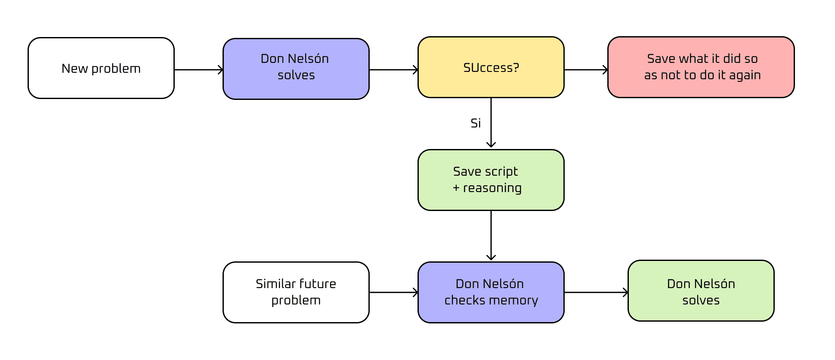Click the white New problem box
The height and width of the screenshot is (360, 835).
pos(101,68)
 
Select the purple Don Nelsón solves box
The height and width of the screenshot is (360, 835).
pos(296,69)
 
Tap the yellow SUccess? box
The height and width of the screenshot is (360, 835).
pos(491,67)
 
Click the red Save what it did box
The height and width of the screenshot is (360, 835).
pos(701,67)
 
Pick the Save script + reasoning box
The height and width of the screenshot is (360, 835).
pos(491,180)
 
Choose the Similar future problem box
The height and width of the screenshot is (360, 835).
pos(296,292)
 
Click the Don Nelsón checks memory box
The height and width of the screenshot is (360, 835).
pos(491,292)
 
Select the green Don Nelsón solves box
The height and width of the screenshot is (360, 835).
pos(701,291)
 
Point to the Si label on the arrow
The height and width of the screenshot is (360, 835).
pos(476,124)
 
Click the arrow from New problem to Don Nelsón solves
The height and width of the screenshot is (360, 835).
pos(198,70)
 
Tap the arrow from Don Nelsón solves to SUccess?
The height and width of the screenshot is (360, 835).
pos(393,70)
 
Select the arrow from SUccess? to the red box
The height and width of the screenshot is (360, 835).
pos(586,70)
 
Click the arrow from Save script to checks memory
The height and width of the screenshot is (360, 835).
pos(491,235)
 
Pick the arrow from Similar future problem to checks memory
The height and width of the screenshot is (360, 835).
pos(393,292)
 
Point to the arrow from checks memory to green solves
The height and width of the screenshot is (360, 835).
pos(596,292)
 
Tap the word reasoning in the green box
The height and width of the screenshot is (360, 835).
pos(492,188)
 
